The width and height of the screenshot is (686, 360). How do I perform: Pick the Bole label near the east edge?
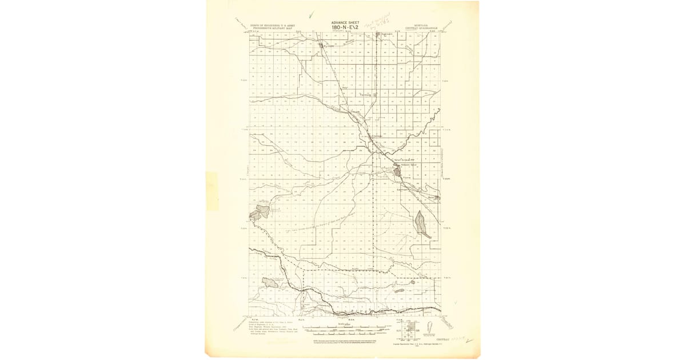[x=432, y=197]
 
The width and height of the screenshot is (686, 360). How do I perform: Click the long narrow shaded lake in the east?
[x=422, y=224]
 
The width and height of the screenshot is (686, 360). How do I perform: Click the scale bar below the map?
[x=332, y=330]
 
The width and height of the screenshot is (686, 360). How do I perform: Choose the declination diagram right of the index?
[x=430, y=329]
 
